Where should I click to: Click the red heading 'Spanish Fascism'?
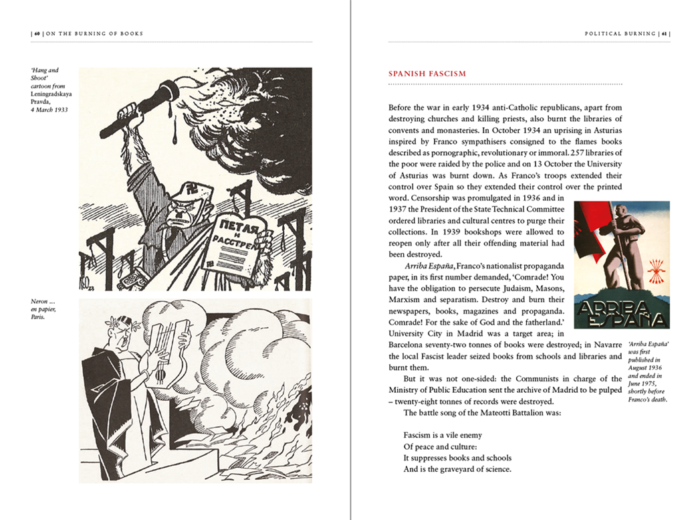pos(427,74)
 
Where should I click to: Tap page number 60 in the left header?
pos(37,33)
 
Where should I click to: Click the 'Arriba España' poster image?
pos(622,265)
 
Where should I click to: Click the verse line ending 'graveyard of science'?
pos(457,469)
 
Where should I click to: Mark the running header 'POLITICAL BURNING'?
pos(620,33)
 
